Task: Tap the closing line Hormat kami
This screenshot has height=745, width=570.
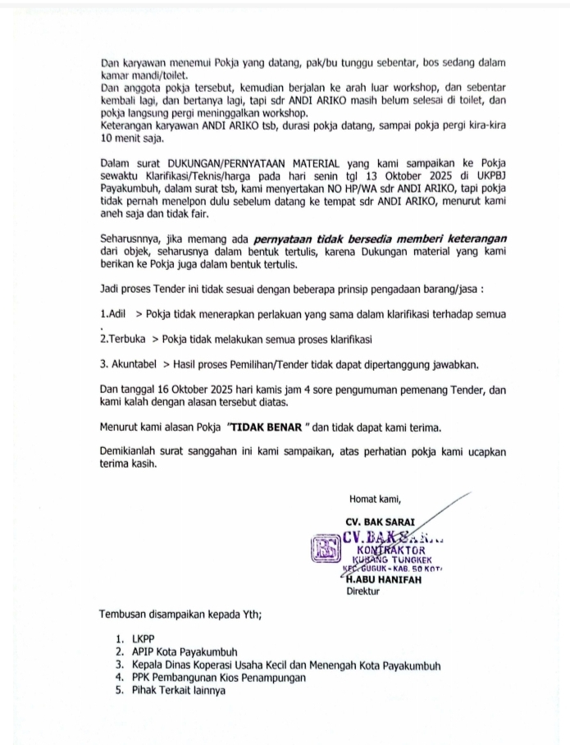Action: click(376, 498)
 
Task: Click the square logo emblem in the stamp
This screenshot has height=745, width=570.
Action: click(326, 548)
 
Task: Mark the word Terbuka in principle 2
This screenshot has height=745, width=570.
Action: click(130, 338)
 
